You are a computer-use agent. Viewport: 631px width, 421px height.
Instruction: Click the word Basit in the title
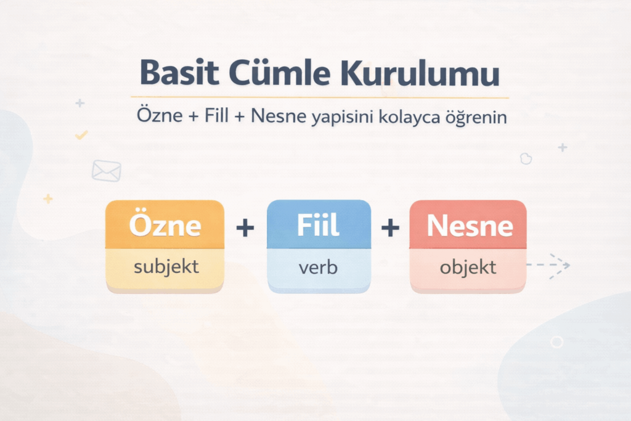click(x=179, y=73)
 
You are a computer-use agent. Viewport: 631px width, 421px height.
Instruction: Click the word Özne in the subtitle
click(x=160, y=115)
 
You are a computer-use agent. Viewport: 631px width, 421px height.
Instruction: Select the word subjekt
click(x=166, y=267)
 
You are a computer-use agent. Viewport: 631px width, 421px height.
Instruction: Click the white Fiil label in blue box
click(x=318, y=225)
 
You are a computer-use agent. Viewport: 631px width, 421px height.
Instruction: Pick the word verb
click(x=318, y=268)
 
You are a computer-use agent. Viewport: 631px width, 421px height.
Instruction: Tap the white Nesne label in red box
click(x=470, y=226)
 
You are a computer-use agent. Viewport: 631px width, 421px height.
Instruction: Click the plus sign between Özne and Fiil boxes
click(x=245, y=228)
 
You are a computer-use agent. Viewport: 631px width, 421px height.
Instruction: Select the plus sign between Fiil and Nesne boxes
click(x=390, y=228)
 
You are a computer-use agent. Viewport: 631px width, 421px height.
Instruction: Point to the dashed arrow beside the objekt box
click(x=548, y=265)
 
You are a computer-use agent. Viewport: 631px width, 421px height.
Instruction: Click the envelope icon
click(x=107, y=171)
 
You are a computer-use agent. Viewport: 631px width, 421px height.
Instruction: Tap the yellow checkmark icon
click(x=82, y=135)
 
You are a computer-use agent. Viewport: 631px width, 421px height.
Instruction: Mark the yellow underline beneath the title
click(x=320, y=97)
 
